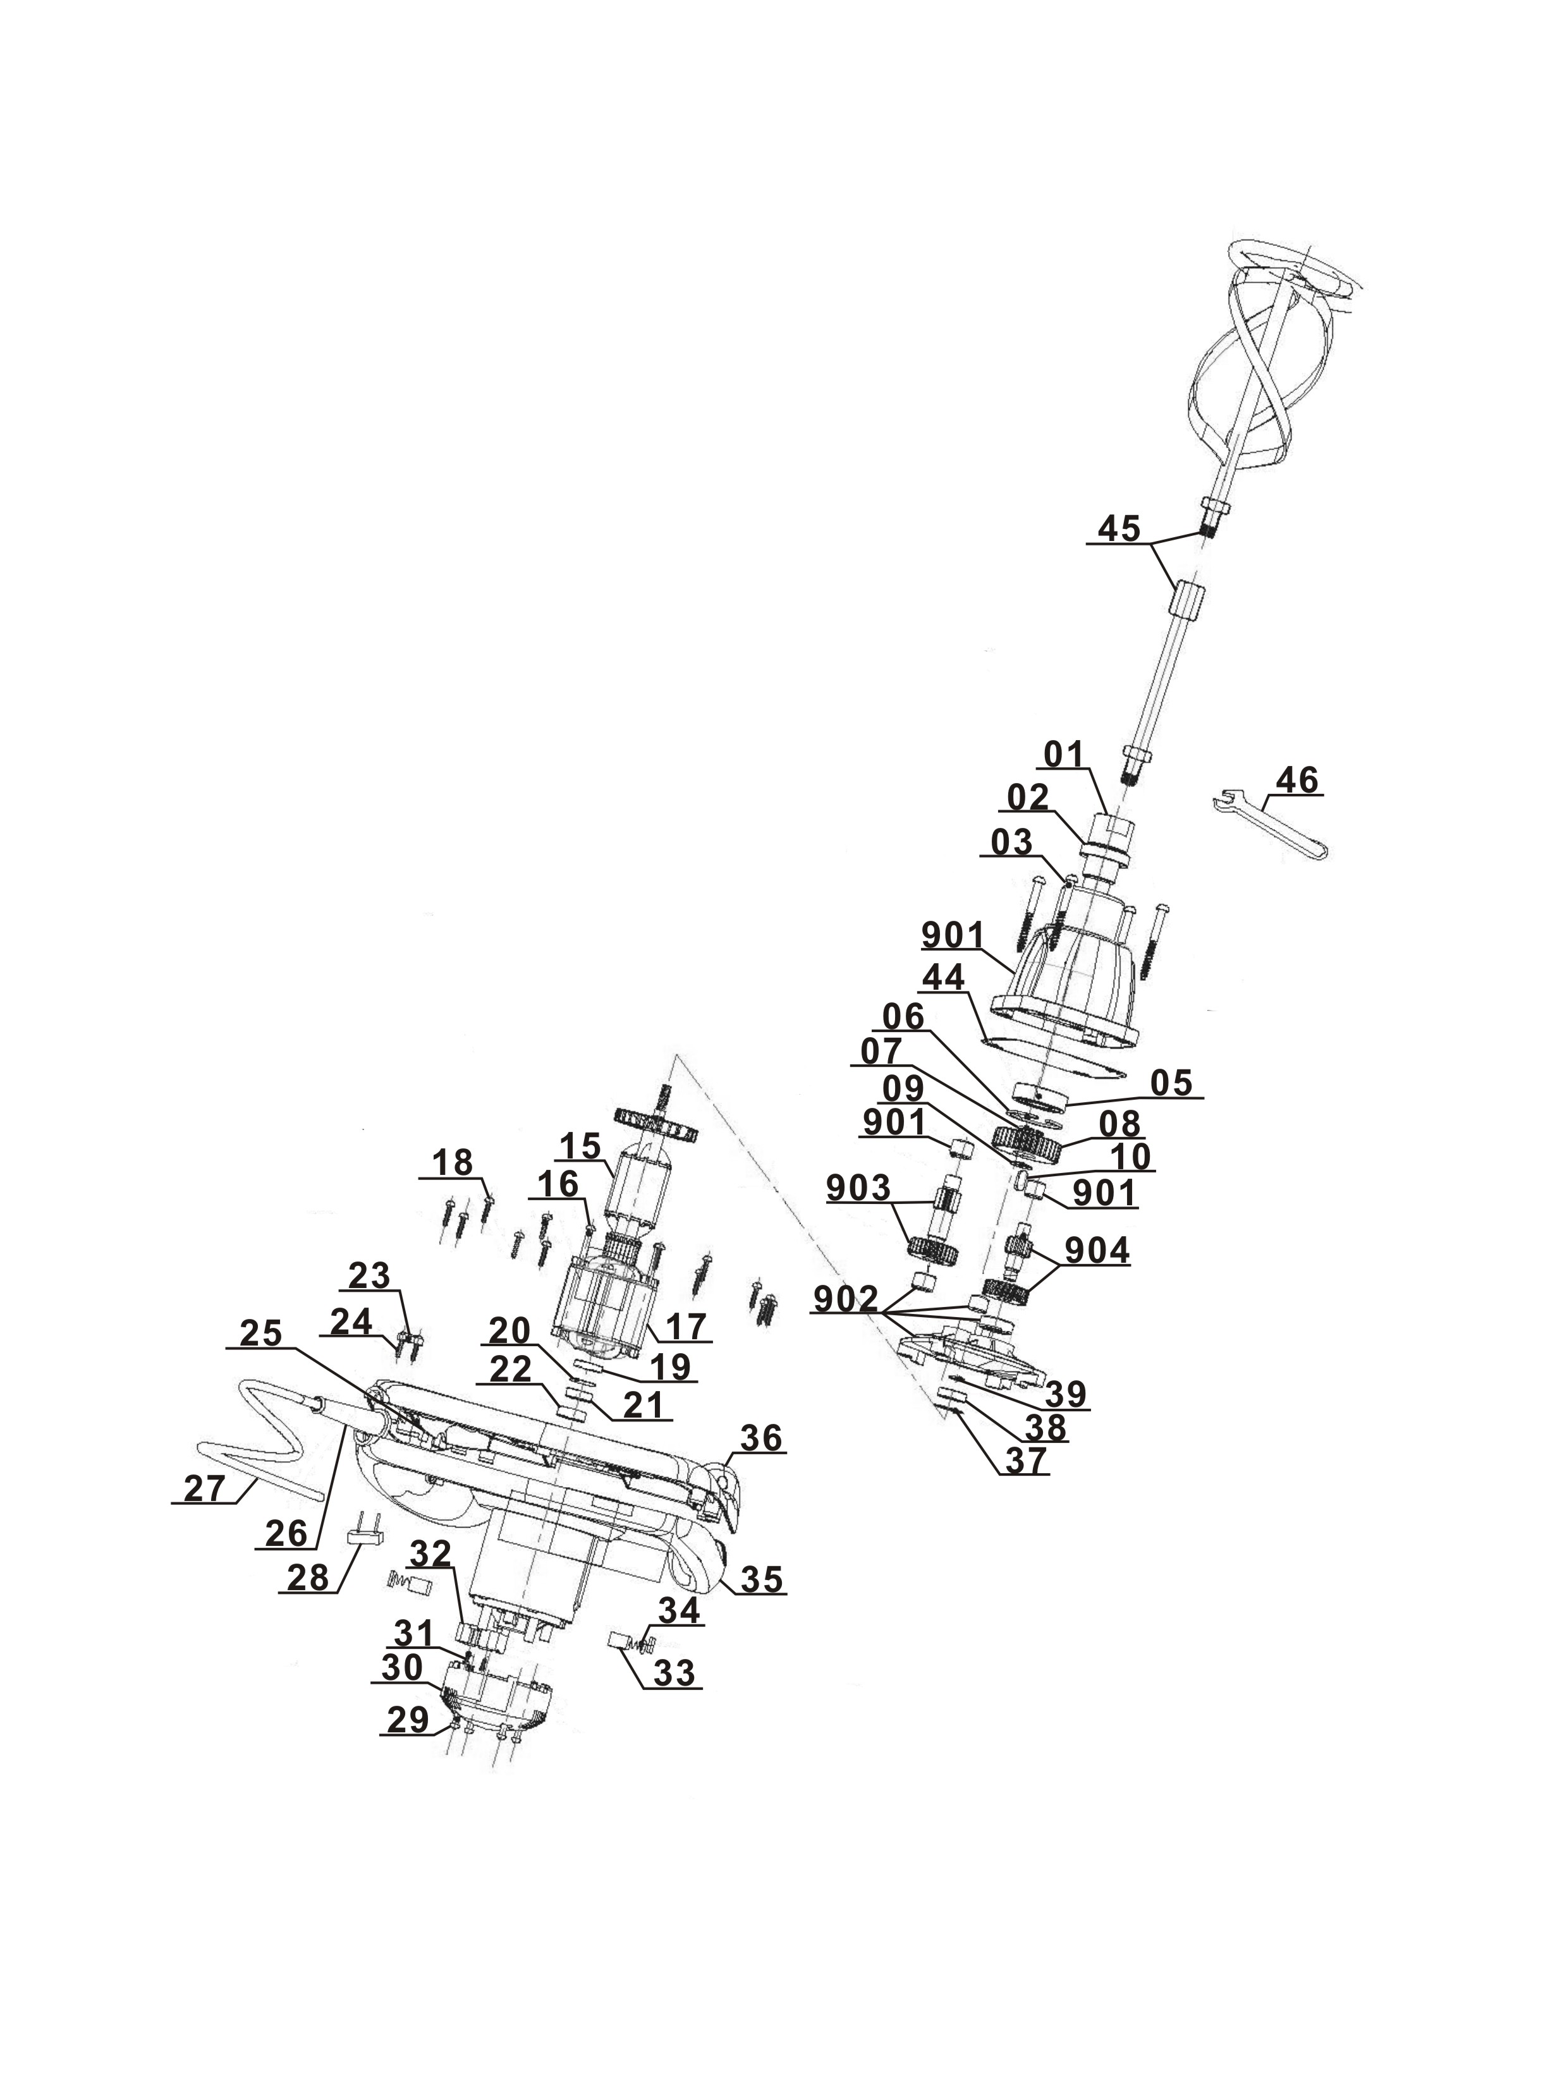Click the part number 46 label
point(1297,780)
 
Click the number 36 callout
point(760,1438)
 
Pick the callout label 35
point(760,1579)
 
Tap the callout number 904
point(1097,1251)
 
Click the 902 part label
point(846,1299)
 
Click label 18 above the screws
point(453,1163)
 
